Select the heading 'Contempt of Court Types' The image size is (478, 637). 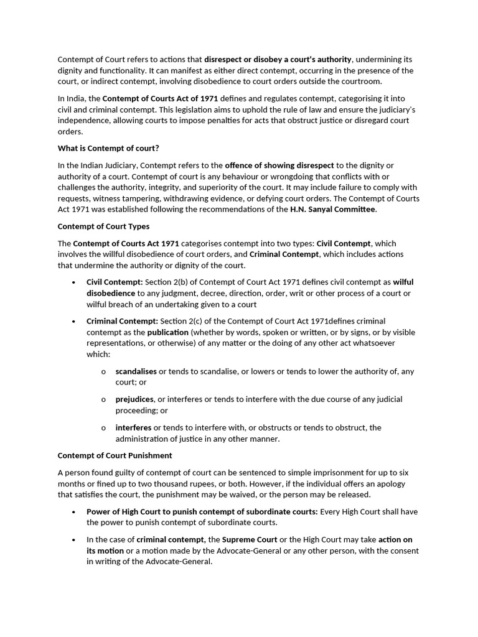[103, 226]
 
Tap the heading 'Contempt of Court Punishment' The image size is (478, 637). [115, 455]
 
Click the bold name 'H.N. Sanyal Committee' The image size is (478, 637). [333, 210]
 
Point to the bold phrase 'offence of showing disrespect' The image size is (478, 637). [279, 165]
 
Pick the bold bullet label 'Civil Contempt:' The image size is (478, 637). [115, 282]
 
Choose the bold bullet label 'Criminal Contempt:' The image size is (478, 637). [122, 321]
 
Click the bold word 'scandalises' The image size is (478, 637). [136, 371]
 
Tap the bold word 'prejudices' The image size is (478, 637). [134, 399]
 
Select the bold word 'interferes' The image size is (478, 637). [133, 427]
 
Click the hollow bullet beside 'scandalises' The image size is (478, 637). [103, 371]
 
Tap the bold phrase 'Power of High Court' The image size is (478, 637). [124, 511]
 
